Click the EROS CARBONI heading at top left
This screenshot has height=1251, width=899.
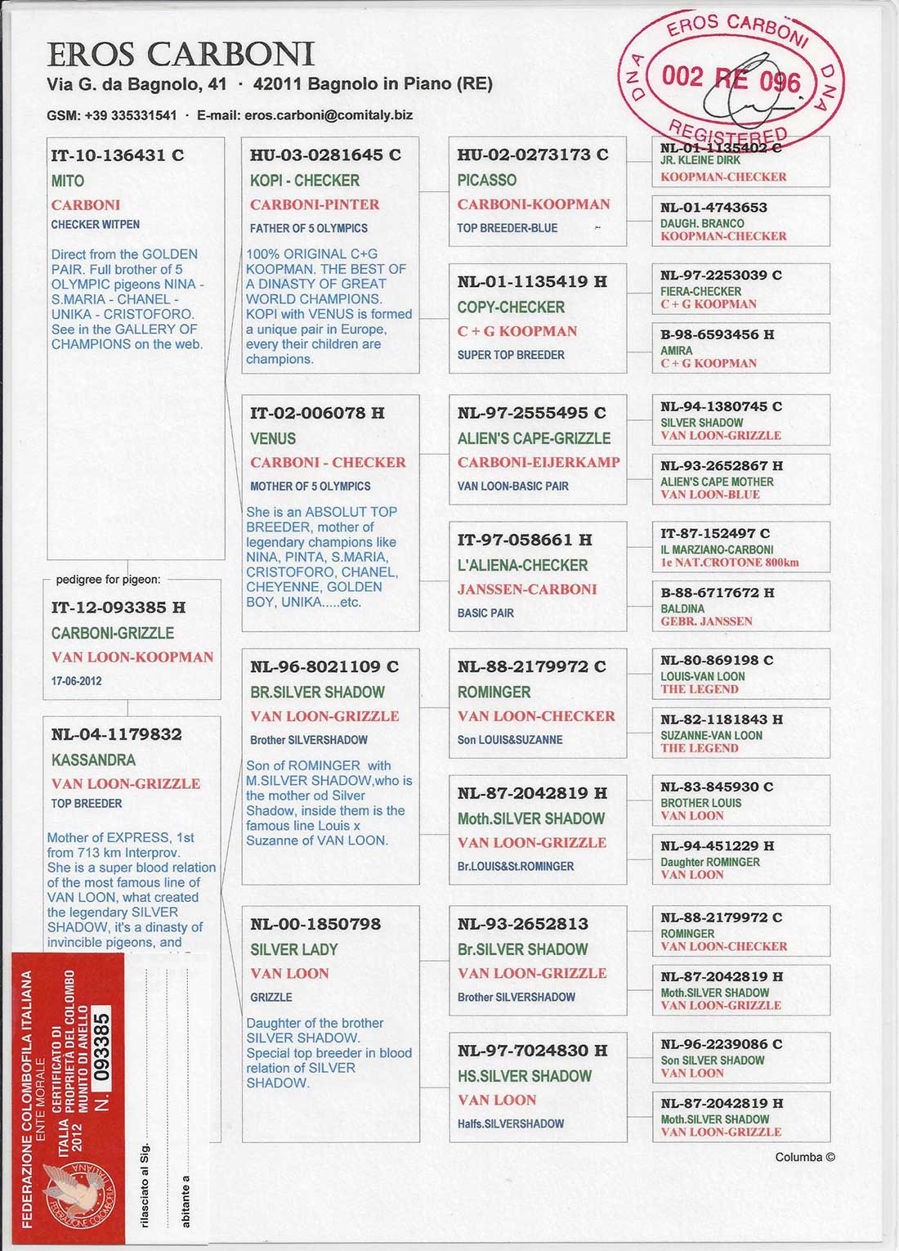(181, 55)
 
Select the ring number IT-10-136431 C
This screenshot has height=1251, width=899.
(117, 155)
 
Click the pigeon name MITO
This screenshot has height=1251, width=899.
(68, 181)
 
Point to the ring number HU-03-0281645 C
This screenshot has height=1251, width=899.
(325, 155)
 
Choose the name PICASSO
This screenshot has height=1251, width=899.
(486, 180)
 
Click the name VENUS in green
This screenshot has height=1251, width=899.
(273, 438)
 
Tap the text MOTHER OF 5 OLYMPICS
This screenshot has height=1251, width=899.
(310, 486)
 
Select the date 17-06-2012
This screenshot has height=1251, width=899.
(77, 681)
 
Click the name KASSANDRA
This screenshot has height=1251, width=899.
(93, 760)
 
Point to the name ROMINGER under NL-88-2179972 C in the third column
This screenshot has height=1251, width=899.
(494, 692)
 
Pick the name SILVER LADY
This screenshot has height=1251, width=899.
(294, 949)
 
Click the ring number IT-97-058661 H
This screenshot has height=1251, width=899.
(525, 540)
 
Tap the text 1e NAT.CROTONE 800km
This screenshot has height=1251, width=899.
(730, 563)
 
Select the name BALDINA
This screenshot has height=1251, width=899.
(682, 609)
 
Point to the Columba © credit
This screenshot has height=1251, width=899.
(805, 1157)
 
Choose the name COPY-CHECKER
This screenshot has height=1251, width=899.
(511, 307)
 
